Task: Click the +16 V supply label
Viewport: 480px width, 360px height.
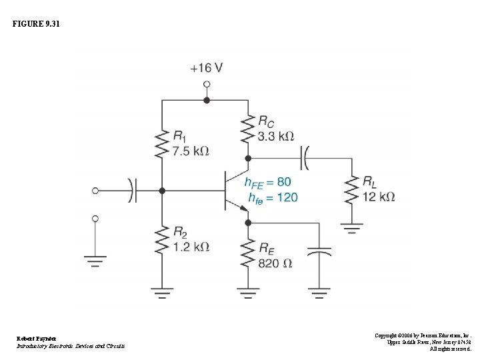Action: (x=206, y=68)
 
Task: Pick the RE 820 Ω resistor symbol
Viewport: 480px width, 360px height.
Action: (x=248, y=253)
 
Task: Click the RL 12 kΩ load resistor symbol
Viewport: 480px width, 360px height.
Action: (x=351, y=189)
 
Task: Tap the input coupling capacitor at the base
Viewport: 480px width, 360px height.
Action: (x=133, y=191)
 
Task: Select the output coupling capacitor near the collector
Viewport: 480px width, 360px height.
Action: (x=305, y=159)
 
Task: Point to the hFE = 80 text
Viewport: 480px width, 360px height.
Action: (x=267, y=182)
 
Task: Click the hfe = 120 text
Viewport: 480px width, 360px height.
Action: (x=272, y=197)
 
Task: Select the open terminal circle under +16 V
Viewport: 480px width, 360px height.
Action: (x=207, y=85)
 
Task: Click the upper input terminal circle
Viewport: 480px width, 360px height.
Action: (x=95, y=191)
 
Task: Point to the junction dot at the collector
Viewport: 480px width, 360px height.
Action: (x=248, y=159)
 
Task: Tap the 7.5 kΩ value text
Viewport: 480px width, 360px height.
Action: (x=190, y=151)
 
